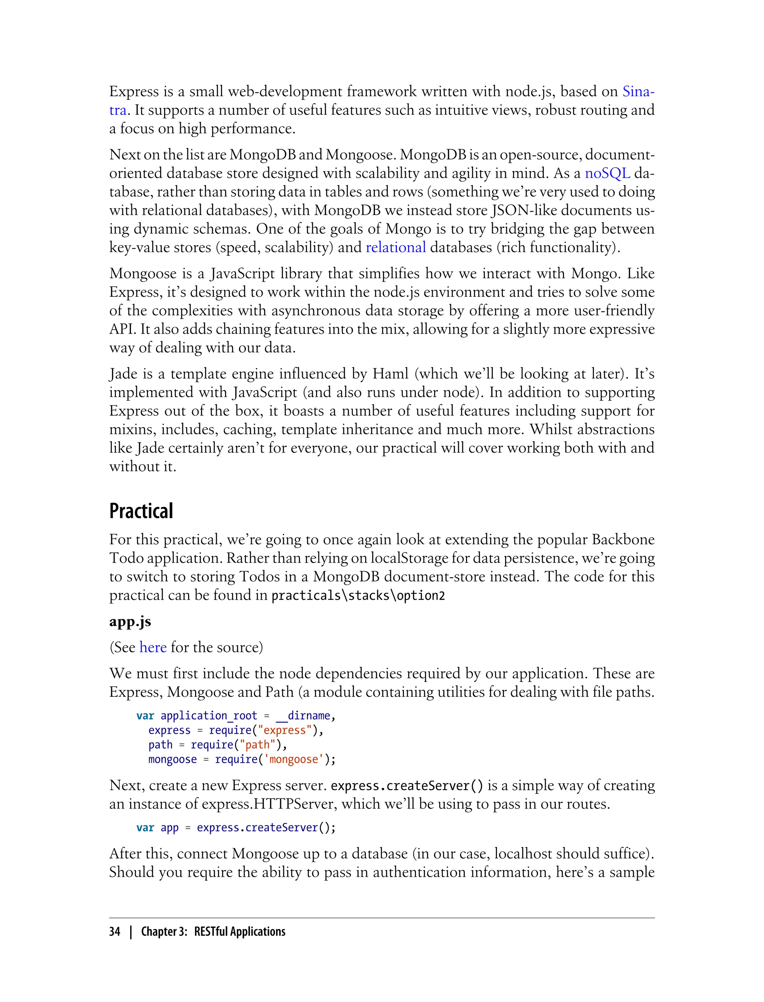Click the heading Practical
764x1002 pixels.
141,511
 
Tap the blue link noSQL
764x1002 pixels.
607,173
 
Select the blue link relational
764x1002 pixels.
396,247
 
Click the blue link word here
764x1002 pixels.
153,647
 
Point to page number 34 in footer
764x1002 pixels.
115,932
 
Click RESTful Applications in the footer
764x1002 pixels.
239,932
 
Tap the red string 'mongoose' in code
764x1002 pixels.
293,759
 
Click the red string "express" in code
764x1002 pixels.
285,730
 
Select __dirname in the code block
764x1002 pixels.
303,716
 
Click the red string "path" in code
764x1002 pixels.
257,745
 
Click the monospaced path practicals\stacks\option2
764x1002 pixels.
358,595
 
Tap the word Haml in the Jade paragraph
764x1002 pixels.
391,374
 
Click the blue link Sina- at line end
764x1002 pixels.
638,91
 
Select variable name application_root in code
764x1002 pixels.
209,716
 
